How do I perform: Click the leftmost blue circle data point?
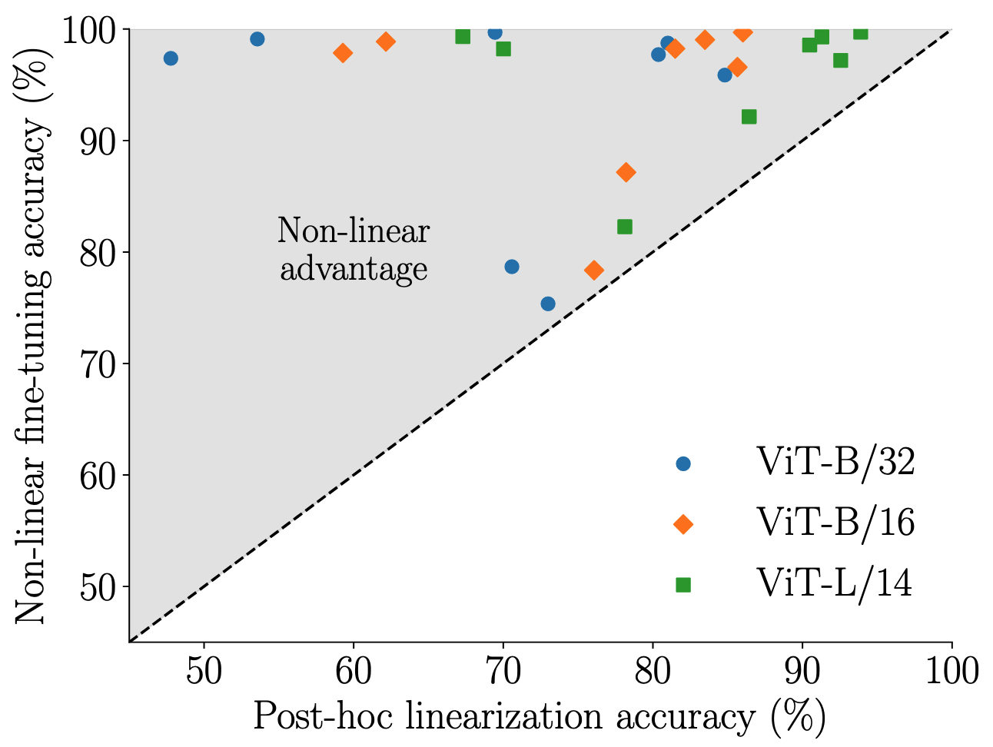pyautogui.click(x=171, y=58)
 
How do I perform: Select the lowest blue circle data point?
pyautogui.click(x=548, y=304)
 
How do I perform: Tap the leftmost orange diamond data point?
pyautogui.click(x=343, y=53)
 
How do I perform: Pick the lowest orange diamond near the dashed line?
pyautogui.click(x=593, y=271)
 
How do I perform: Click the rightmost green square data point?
pyautogui.click(x=861, y=32)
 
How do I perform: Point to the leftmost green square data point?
pyautogui.click(x=463, y=36)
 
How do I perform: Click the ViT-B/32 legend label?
pyautogui.click(x=836, y=463)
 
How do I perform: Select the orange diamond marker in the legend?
pyautogui.click(x=682, y=524)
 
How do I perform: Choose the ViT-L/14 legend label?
pyautogui.click(x=835, y=584)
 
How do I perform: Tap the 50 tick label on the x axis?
pyautogui.click(x=204, y=670)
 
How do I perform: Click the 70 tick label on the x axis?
pyautogui.click(x=503, y=670)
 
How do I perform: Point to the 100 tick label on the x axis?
pyautogui.click(x=951, y=670)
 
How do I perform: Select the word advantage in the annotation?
pyautogui.click(x=354, y=269)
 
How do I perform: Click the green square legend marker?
pyautogui.click(x=682, y=585)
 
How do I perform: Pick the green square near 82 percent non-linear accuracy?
pyautogui.click(x=625, y=227)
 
